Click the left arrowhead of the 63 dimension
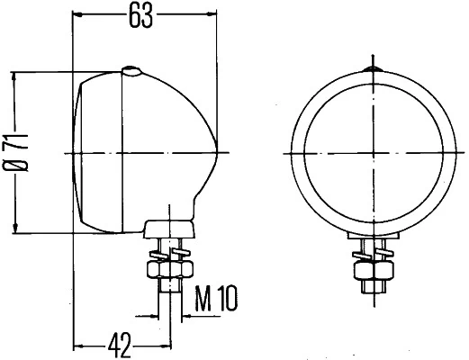tap(78, 13)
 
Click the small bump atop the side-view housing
tap(132, 70)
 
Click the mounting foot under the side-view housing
tap(168, 227)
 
